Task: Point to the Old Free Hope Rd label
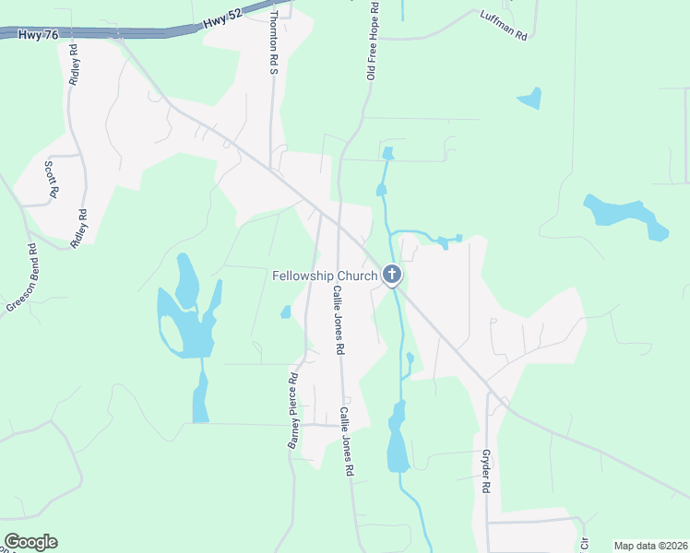(373, 41)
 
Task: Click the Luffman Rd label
(503, 26)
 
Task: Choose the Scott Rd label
(52, 179)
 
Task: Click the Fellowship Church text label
(325, 276)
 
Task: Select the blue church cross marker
(392, 275)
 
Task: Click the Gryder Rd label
(485, 470)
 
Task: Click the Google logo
(30, 542)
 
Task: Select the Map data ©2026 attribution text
(650, 546)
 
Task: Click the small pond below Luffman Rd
(529, 98)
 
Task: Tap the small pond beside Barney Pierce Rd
(286, 312)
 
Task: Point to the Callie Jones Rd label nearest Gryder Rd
(347, 441)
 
